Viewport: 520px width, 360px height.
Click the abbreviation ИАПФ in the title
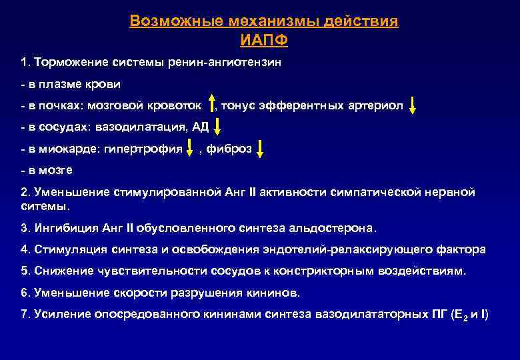pyautogui.click(x=264, y=39)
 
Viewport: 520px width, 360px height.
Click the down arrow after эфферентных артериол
pyautogui.click(x=413, y=105)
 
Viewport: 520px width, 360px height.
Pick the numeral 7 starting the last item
pyautogui.click(x=24, y=314)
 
